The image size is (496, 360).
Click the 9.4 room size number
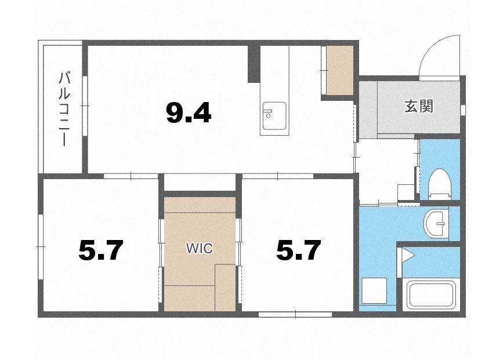pyautogui.click(x=189, y=114)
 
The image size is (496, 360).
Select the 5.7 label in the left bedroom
pyautogui.click(x=100, y=250)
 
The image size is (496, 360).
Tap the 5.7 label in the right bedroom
pyautogui.click(x=299, y=250)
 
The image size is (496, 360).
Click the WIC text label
pyautogui.click(x=200, y=249)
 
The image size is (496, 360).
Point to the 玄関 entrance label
pyautogui.click(x=418, y=106)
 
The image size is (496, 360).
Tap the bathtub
pyautogui.click(x=430, y=296)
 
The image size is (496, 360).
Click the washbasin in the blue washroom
pyautogui.click(x=436, y=223)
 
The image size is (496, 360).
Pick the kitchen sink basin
pyautogui.click(x=274, y=116)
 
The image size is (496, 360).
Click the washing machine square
pyautogui.click(x=374, y=291)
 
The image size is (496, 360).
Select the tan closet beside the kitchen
pyautogui.click(x=340, y=70)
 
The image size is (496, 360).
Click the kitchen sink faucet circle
pyautogui.click(x=268, y=116)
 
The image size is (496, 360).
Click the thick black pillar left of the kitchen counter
pyautogui.click(x=254, y=63)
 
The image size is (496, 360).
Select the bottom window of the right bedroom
pyautogui.click(x=295, y=314)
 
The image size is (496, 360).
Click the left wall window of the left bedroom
pyautogui.click(x=40, y=246)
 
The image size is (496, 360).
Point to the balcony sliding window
pyautogui.click(x=85, y=106)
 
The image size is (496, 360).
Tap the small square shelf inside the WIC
pyautogui.click(x=225, y=288)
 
